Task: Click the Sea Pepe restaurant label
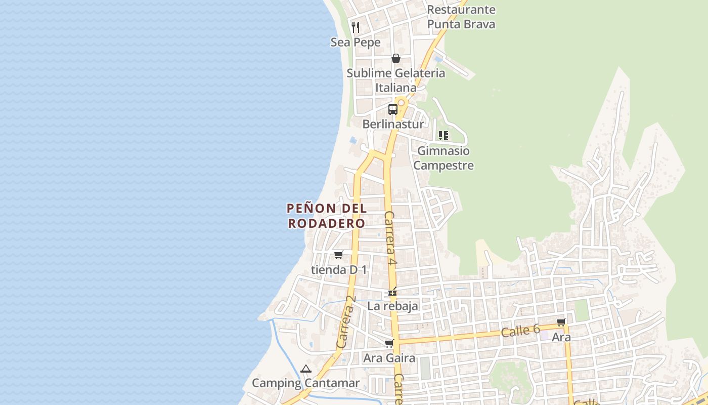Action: click(356, 43)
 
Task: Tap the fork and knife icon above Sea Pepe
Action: click(356, 27)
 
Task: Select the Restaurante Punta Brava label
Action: click(461, 17)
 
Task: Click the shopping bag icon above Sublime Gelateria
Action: click(396, 58)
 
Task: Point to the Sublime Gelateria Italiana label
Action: click(396, 80)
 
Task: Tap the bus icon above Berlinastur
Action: click(392, 109)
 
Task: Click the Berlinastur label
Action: click(393, 124)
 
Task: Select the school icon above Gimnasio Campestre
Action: click(444, 135)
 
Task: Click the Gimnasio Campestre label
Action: click(444, 158)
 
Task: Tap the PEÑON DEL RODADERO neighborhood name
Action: click(327, 216)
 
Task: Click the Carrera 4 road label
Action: click(390, 238)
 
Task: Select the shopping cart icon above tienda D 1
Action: click(338, 255)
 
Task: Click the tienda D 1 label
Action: click(339, 270)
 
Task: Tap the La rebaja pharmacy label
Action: click(392, 306)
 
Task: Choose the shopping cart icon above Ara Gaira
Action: click(389, 344)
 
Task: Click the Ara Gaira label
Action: click(389, 358)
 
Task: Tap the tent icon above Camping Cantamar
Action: click(305, 369)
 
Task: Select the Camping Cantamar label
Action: click(305, 383)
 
